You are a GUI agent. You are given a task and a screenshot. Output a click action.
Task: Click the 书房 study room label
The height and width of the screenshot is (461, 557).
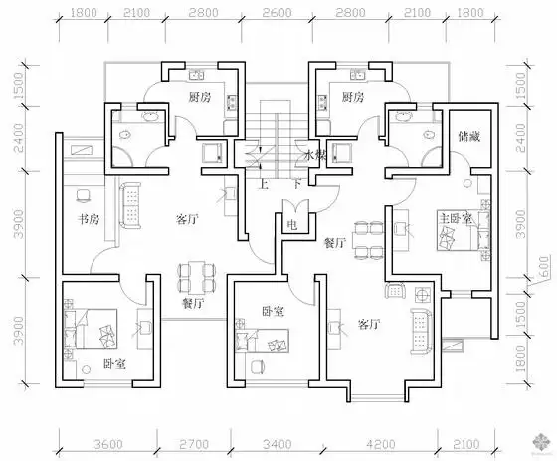tap(79, 219)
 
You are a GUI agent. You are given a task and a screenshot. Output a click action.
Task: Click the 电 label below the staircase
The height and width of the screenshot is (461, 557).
tap(291, 226)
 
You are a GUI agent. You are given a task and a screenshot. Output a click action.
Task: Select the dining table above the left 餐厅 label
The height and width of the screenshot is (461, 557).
tap(193, 274)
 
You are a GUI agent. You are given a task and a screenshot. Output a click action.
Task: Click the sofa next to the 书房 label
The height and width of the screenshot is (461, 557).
tap(128, 205)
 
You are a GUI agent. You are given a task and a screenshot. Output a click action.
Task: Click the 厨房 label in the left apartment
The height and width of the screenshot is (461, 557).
tap(198, 97)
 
